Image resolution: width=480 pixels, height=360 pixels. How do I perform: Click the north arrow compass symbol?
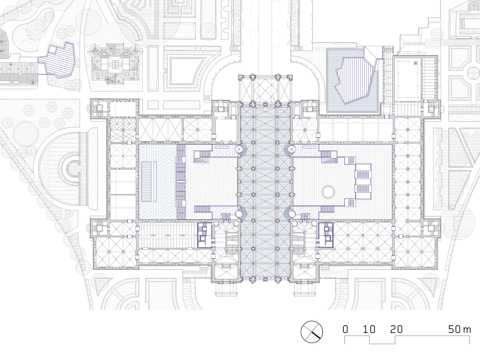tap(312, 332)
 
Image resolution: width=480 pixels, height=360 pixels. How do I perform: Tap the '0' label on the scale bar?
tap(345, 329)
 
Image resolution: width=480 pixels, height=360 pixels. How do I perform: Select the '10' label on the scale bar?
tap(369, 329)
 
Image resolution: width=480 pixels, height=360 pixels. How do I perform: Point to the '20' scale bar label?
tap(396, 329)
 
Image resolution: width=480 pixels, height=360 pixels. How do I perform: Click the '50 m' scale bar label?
tap(460, 329)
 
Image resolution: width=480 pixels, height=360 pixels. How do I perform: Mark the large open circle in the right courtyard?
tap(329, 192)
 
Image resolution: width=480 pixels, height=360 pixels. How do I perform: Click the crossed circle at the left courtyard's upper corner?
tap(239, 149)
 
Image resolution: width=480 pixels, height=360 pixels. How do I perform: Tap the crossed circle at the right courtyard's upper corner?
tap(291, 149)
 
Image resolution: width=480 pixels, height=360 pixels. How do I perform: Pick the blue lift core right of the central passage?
tap(326, 235)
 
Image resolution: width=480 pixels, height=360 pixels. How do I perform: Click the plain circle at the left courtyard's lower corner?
tap(239, 214)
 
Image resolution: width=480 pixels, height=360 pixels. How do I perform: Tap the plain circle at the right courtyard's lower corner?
tap(291, 214)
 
